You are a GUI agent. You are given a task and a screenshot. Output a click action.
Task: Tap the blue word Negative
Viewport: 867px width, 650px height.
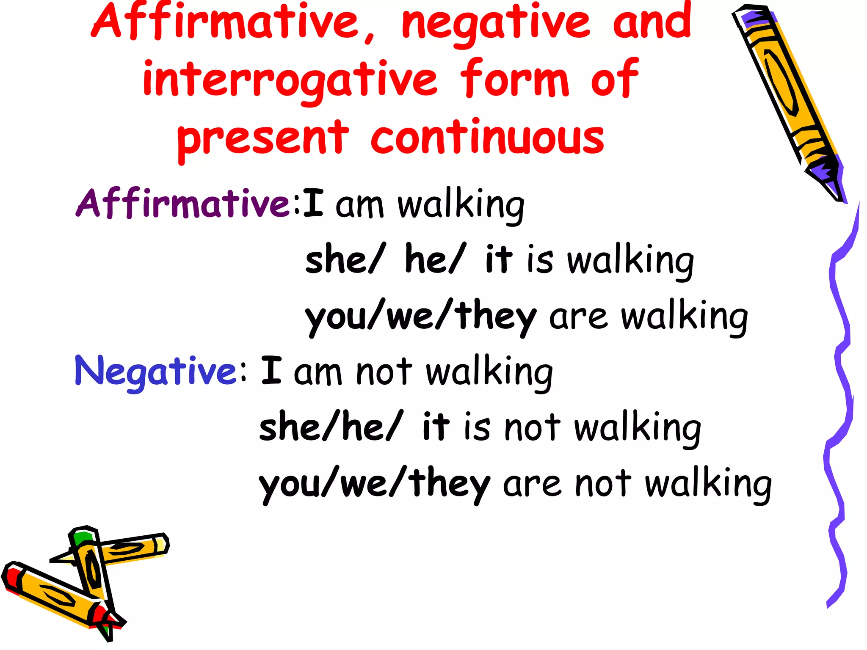click(156, 371)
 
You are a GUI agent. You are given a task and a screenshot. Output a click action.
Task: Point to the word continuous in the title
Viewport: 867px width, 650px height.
click(487, 138)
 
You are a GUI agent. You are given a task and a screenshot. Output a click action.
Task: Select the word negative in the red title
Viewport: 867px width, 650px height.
click(495, 23)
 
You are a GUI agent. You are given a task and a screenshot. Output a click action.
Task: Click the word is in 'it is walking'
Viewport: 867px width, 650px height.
click(540, 260)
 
